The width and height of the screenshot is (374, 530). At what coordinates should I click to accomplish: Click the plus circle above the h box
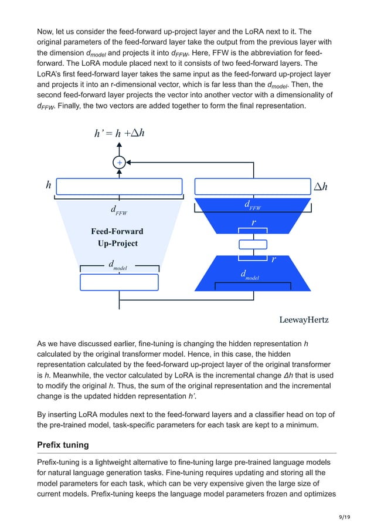[x=119, y=163]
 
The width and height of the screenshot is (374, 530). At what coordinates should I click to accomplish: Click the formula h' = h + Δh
[x=120, y=133]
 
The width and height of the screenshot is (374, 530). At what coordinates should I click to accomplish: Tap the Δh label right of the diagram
[x=320, y=187]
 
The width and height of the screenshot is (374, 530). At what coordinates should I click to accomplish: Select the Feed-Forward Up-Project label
[x=117, y=237]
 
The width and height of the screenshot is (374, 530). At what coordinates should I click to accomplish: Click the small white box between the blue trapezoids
[x=253, y=244]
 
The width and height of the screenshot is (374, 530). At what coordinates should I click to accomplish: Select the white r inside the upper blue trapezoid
[x=253, y=223]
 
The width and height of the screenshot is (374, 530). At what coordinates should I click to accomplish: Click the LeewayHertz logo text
[x=304, y=320]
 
